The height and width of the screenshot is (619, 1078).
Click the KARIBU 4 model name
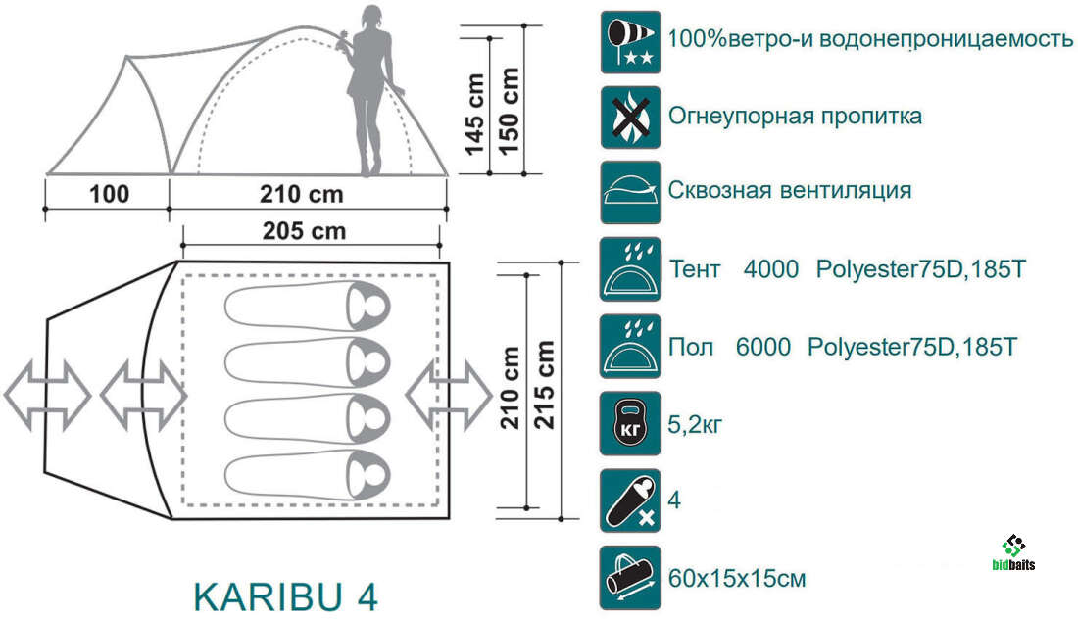point(286,596)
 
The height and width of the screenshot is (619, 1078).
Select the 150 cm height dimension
point(509,110)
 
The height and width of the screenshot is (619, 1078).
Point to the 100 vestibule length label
point(110,194)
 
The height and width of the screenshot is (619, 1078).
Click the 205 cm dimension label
point(304,231)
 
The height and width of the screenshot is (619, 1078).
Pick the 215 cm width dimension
point(544,385)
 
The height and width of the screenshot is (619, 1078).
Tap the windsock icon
point(630,42)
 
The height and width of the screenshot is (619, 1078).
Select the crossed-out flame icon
point(630,117)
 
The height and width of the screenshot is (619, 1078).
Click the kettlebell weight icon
point(630,423)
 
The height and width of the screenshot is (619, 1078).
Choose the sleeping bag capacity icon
point(630,500)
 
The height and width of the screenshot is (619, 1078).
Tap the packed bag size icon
point(630,578)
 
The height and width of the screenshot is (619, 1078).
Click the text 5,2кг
point(695,424)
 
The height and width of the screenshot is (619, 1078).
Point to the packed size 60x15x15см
point(737,579)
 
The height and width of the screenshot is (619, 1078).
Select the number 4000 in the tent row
point(770,269)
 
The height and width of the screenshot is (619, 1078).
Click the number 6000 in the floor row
point(763,347)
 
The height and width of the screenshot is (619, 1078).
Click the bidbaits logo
point(1014,553)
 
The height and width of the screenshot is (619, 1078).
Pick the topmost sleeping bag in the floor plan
point(308,307)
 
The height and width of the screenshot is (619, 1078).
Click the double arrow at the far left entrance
point(47,396)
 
